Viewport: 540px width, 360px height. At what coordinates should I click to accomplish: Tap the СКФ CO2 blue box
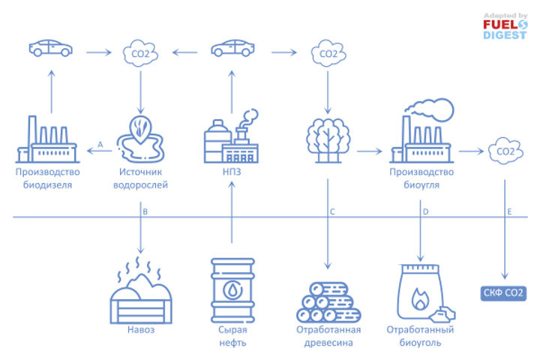pyautogui.click(x=503, y=293)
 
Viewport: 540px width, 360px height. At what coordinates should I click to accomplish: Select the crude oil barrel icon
pyautogui.click(x=232, y=289)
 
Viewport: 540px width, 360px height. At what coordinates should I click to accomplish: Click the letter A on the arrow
pyautogui.click(x=100, y=144)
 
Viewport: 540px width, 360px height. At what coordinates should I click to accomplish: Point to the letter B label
pyautogui.click(x=145, y=212)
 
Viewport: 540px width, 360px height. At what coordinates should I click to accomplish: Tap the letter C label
pyautogui.click(x=332, y=212)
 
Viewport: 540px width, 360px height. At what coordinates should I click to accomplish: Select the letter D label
pyautogui.click(x=426, y=212)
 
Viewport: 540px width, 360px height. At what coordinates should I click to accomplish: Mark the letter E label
pyautogui.click(x=509, y=212)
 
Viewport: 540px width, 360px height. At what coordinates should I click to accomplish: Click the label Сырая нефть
pyautogui.click(x=232, y=337)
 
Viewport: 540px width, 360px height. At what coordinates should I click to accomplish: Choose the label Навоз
pyautogui.click(x=140, y=330)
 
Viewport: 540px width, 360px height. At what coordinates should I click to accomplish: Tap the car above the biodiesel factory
pyautogui.click(x=50, y=48)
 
